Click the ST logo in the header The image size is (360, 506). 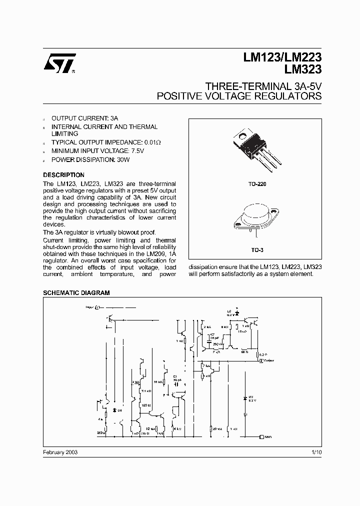tap(59, 64)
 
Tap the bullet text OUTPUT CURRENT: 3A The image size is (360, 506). tap(85, 118)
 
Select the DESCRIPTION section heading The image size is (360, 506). tap(63, 175)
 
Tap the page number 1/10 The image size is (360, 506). tap(315, 451)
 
